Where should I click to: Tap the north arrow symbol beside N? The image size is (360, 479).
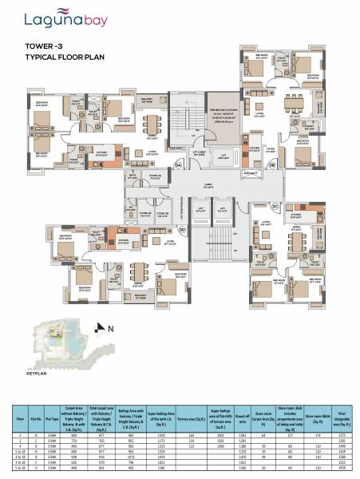pos(100,327)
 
